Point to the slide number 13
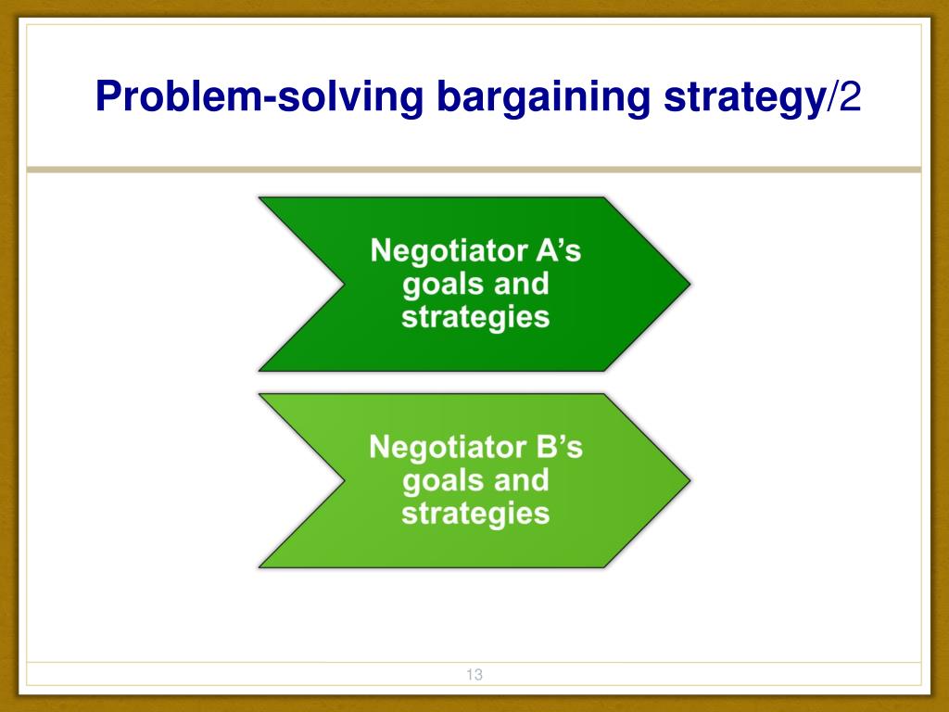pyautogui.click(x=474, y=675)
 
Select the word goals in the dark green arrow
pyautogui.click(x=437, y=284)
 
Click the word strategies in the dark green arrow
pyautogui.click(x=475, y=317)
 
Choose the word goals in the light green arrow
pyautogui.click(x=437, y=480)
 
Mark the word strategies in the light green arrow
pyautogui.click(x=475, y=514)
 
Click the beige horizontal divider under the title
pyautogui.click(x=474, y=170)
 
